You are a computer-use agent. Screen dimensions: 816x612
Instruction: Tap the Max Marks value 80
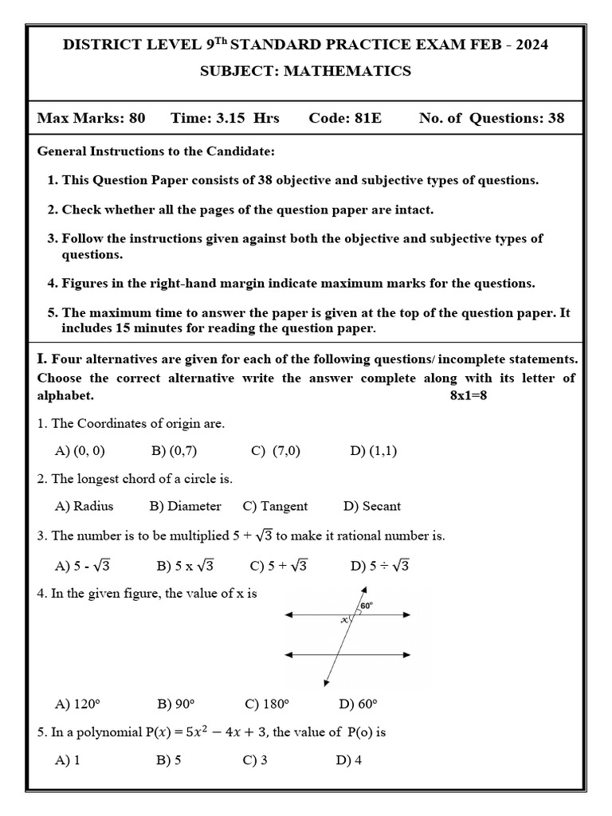(136, 119)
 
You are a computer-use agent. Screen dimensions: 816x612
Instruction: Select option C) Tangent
(275, 506)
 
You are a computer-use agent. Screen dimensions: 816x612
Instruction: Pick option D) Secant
(371, 506)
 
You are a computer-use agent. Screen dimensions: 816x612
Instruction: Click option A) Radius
(84, 506)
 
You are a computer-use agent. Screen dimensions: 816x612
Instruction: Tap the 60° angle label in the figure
(367, 606)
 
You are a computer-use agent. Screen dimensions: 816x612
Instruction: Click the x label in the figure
(345, 619)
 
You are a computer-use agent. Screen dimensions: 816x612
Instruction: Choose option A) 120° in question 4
(77, 704)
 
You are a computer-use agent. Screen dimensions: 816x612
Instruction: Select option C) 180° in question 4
(266, 704)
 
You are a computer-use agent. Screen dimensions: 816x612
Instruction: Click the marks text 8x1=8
(468, 396)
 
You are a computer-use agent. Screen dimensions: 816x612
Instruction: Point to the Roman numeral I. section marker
(42, 359)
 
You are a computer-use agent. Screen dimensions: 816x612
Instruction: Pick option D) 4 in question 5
(349, 760)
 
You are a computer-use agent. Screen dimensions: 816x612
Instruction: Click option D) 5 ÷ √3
(379, 566)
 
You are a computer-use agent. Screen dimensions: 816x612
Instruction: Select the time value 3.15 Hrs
(225, 119)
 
